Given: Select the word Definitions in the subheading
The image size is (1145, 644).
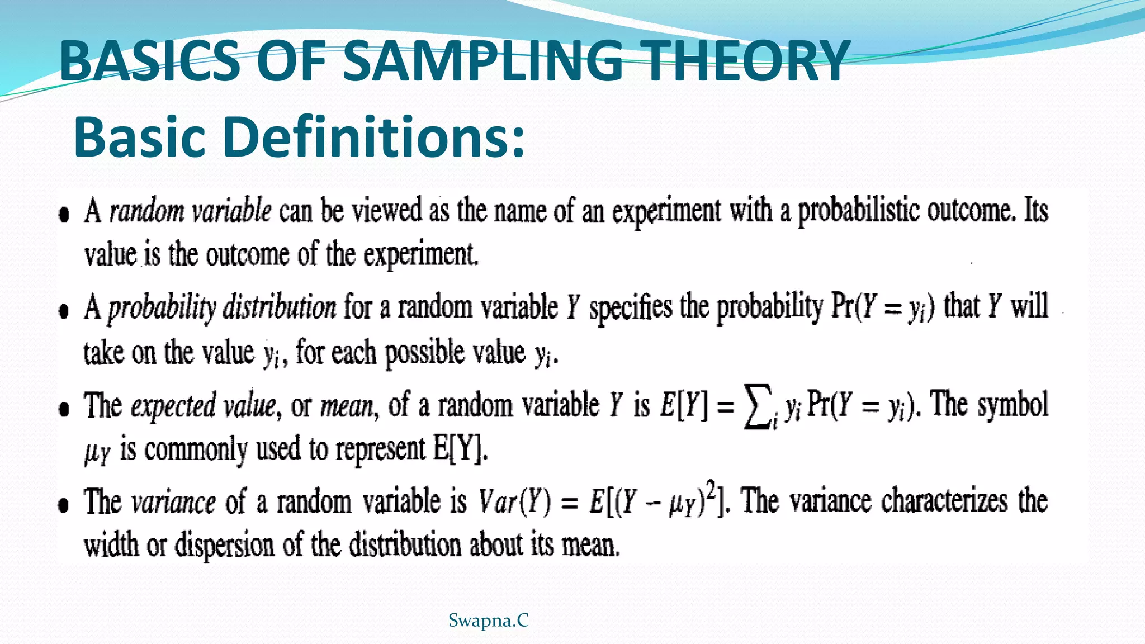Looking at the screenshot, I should (x=373, y=138).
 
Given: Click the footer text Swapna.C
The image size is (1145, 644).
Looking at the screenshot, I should (x=488, y=621).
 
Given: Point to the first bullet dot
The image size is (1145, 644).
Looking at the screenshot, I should (x=64, y=215).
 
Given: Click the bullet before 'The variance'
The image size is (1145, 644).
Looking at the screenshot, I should (x=64, y=505).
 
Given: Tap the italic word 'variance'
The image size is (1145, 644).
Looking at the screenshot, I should (x=173, y=501).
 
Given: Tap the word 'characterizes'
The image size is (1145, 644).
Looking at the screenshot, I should (x=944, y=501).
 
